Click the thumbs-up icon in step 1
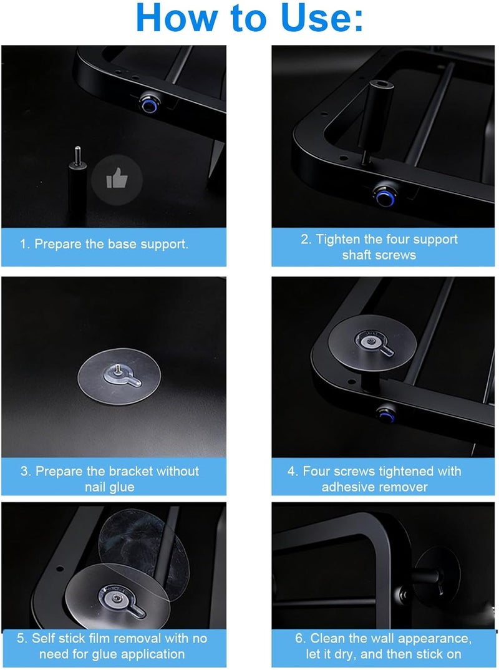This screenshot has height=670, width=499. (x=117, y=179)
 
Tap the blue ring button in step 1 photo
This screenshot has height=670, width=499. (x=148, y=105)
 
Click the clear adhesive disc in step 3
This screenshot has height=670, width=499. (x=119, y=376)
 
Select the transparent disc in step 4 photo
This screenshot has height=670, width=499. (x=372, y=343)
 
